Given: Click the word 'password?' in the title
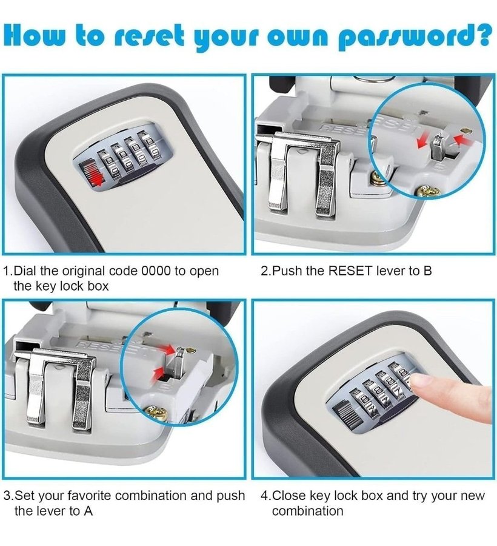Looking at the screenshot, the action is click(415, 37).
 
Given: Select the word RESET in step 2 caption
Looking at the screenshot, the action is click(351, 271).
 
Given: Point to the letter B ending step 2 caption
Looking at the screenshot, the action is click(427, 271).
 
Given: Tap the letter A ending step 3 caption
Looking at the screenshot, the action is click(88, 511).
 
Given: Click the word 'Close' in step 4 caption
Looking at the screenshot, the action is click(289, 495).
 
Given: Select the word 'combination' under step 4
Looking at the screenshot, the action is click(307, 511).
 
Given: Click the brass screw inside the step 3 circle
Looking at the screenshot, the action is click(157, 413).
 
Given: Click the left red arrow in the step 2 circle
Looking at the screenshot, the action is click(422, 141).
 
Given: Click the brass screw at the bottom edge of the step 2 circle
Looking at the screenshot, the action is click(427, 190).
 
